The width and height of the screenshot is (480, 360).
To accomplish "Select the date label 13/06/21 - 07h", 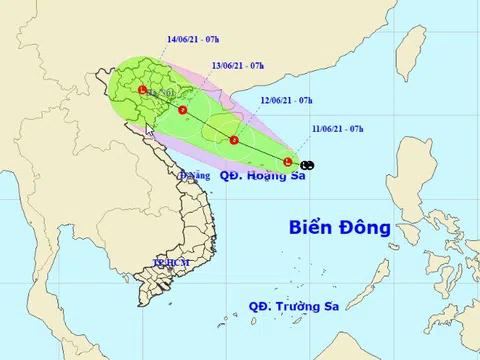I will click(x=237, y=65).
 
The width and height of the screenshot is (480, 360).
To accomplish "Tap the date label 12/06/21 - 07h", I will click(x=286, y=101).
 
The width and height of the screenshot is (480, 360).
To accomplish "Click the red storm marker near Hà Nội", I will click(x=143, y=92).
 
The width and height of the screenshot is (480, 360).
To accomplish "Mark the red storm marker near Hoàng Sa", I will click(x=288, y=162).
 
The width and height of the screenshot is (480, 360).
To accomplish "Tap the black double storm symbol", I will click(x=307, y=164).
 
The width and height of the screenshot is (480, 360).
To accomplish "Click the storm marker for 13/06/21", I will click(x=183, y=110).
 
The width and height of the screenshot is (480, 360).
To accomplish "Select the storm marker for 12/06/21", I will click(x=233, y=140).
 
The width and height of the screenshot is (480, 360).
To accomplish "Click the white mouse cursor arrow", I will click(x=149, y=129).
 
